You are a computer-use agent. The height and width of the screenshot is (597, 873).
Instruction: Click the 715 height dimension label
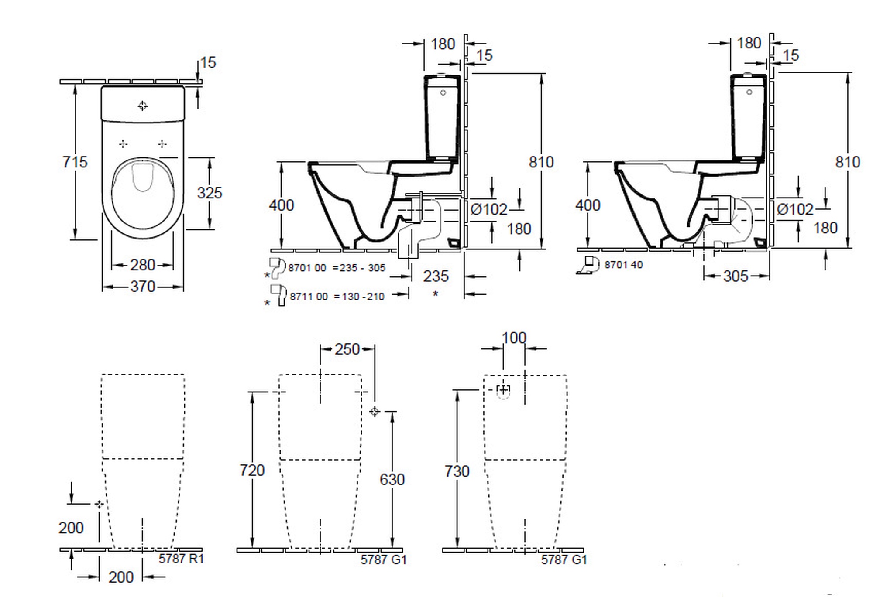click(75, 162)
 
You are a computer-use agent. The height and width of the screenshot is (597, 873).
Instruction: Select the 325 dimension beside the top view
click(210, 193)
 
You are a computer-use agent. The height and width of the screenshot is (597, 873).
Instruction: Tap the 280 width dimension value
click(142, 265)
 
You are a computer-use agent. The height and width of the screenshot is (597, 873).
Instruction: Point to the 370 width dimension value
click(142, 287)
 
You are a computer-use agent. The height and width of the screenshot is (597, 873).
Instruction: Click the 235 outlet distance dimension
click(436, 276)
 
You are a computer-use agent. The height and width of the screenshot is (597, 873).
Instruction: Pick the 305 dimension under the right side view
click(736, 276)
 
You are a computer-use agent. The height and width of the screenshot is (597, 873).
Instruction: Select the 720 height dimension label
click(252, 470)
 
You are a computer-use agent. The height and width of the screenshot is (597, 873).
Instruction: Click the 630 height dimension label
click(392, 480)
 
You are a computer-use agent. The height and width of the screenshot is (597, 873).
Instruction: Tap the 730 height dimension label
click(457, 471)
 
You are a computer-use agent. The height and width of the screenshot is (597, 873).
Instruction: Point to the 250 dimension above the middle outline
click(347, 349)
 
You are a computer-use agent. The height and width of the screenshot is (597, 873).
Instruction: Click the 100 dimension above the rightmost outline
click(514, 338)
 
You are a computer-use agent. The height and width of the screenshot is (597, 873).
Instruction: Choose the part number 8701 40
click(623, 265)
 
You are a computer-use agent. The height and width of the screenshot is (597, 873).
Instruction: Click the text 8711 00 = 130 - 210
click(337, 297)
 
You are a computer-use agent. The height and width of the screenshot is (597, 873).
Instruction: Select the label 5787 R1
click(181, 559)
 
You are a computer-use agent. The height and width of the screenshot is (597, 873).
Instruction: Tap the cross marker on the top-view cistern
click(143, 106)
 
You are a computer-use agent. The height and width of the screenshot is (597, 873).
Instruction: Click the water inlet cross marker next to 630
click(374, 411)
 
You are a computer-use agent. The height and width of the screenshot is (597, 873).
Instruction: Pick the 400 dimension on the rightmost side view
click(588, 205)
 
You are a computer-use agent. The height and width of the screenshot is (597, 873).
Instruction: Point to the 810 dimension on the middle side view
click(541, 162)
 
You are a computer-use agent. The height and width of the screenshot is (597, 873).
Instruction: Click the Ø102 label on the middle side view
click(489, 210)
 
